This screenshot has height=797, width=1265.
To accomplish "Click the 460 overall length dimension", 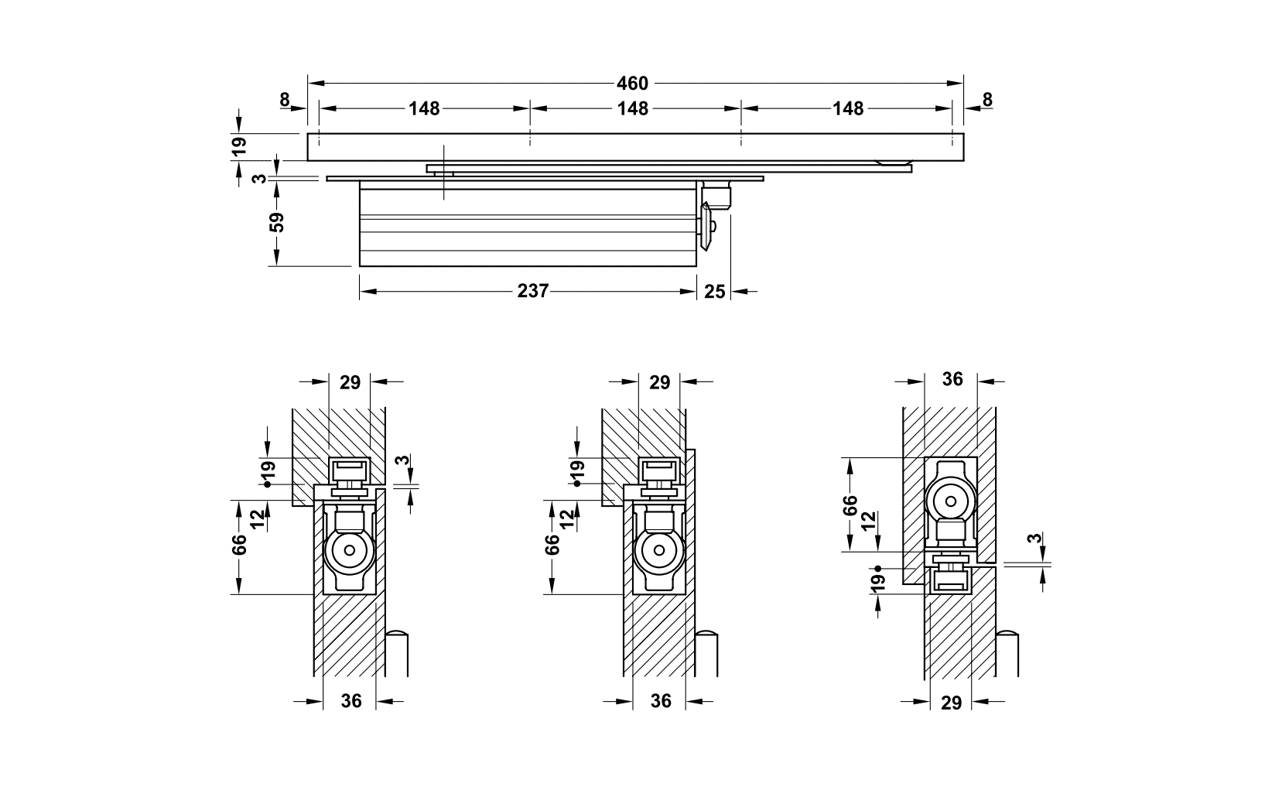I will point(632,82).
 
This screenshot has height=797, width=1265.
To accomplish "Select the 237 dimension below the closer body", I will point(532,291).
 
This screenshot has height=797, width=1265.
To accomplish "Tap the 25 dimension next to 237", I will point(715,291).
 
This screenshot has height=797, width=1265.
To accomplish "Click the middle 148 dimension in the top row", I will point(632,108).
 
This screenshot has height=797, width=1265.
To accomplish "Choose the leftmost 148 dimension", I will point(424,108).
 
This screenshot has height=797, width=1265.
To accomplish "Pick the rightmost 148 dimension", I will point(848,108).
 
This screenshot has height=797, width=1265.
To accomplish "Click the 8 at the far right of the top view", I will point(986,100).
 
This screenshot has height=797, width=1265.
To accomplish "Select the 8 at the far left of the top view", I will point(285,100).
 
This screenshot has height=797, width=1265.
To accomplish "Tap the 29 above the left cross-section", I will point(350,381).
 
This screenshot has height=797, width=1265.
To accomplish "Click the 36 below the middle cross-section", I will point(661,701).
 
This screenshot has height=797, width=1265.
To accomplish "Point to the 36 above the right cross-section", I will point(952,378).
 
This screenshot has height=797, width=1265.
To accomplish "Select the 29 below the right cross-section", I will point(952,702).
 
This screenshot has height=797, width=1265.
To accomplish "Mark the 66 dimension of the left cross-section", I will point(239,544).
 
